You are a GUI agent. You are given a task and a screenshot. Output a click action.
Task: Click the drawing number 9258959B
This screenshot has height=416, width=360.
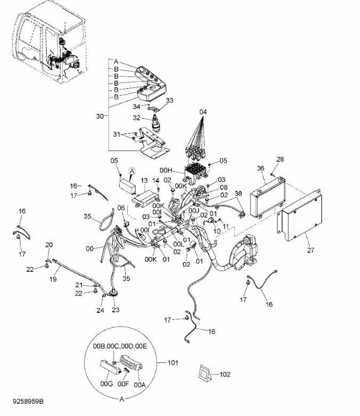(28, 401)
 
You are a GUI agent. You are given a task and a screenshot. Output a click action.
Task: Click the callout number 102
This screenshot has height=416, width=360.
(225, 375)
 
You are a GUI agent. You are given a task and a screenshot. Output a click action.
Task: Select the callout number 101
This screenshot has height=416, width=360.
(173, 362)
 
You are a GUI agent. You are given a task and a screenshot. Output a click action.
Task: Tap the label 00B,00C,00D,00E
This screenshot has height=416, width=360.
(120, 346)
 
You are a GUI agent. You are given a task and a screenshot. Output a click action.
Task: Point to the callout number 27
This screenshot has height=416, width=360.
(310, 250)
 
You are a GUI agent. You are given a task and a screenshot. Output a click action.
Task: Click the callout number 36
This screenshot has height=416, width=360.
(260, 168)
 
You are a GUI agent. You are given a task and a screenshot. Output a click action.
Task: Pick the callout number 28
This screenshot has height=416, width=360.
(280, 159)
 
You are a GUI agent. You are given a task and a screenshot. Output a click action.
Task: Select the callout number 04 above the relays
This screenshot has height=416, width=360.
(203, 112)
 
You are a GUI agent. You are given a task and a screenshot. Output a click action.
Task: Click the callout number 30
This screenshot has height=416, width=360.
(100, 116)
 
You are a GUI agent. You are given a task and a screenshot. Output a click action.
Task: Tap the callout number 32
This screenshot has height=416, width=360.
(136, 118)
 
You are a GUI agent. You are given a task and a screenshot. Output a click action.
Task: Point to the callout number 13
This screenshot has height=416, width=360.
(144, 181)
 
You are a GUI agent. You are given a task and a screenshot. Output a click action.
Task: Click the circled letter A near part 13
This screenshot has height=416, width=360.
(132, 171)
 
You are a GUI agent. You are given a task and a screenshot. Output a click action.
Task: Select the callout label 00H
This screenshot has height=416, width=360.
(166, 170)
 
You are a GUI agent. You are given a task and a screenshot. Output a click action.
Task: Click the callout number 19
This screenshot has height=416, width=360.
(53, 279)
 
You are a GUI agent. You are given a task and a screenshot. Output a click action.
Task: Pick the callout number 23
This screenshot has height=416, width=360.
(116, 310)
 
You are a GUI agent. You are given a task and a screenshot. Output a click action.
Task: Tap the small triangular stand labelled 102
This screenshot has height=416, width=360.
(204, 373)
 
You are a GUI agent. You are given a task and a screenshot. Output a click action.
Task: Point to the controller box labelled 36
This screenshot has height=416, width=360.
(267, 197)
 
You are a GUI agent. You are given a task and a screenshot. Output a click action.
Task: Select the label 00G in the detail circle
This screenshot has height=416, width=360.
(107, 384)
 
